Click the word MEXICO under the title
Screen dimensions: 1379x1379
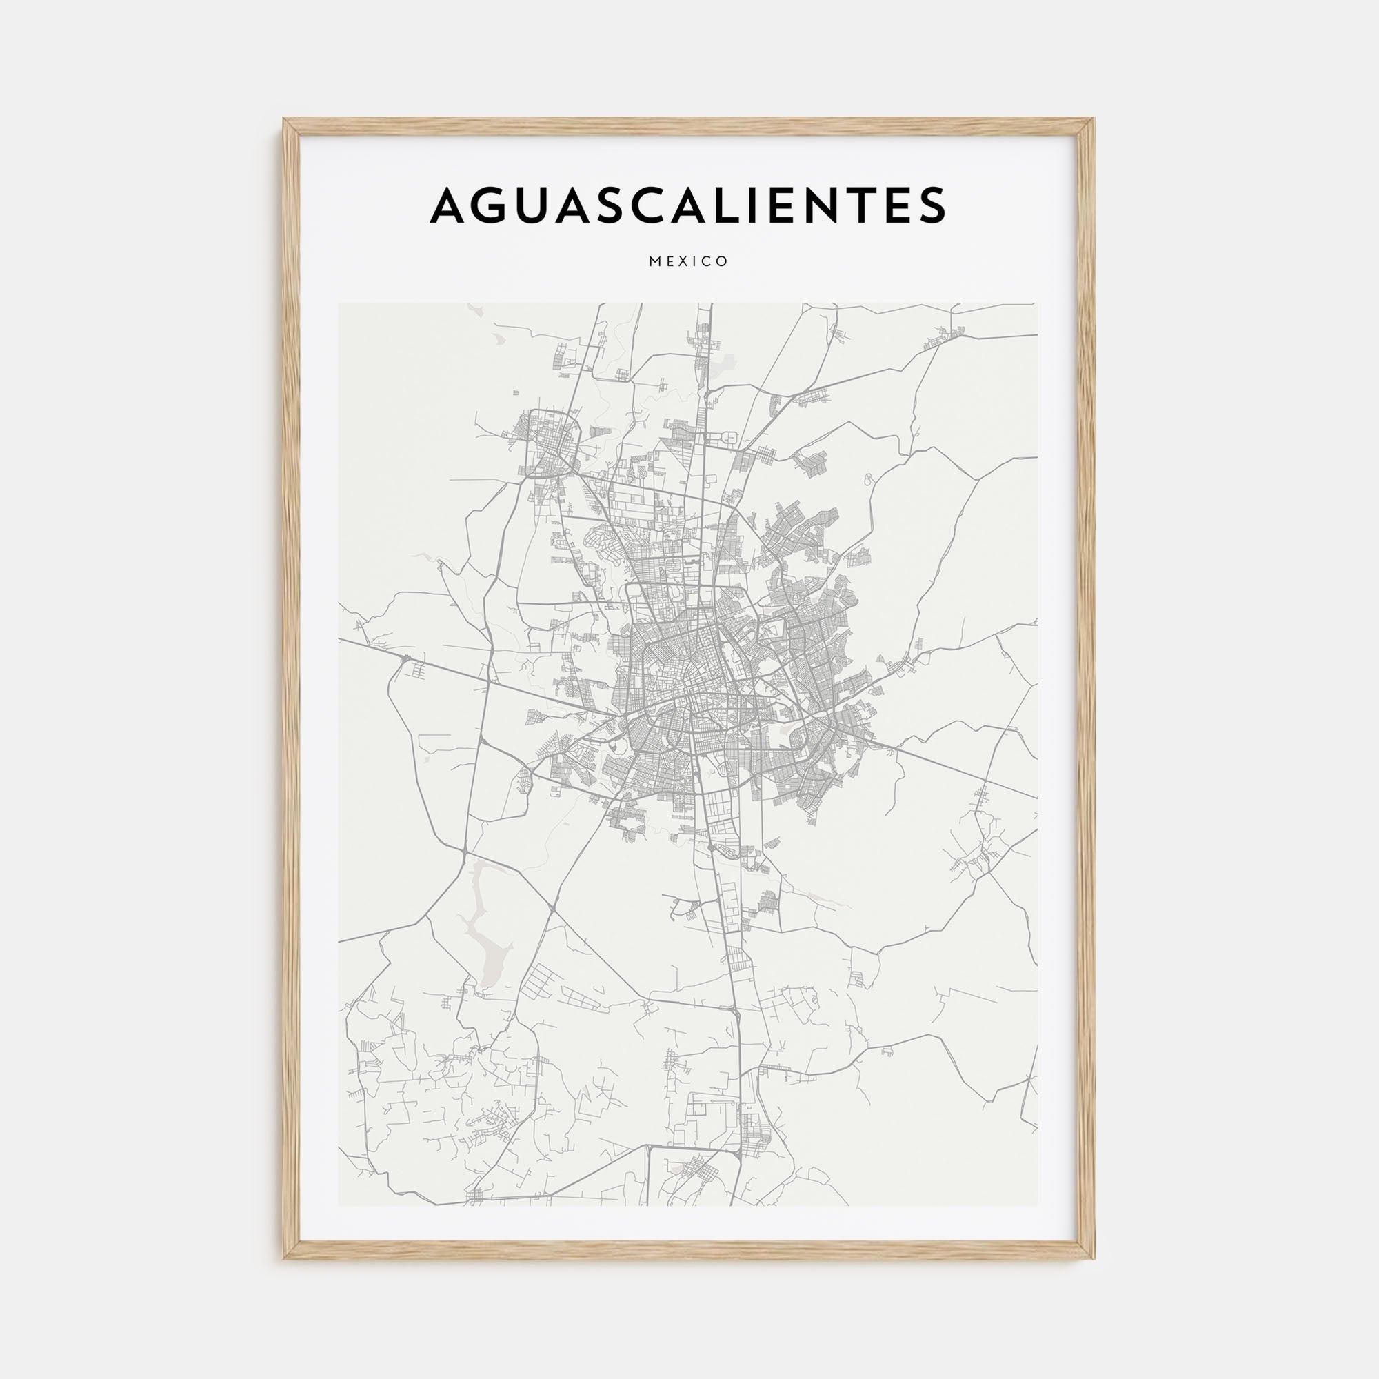coord(689,262)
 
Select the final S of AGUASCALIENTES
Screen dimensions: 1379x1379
coord(929,205)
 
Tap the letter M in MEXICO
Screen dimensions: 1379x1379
coord(654,262)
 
